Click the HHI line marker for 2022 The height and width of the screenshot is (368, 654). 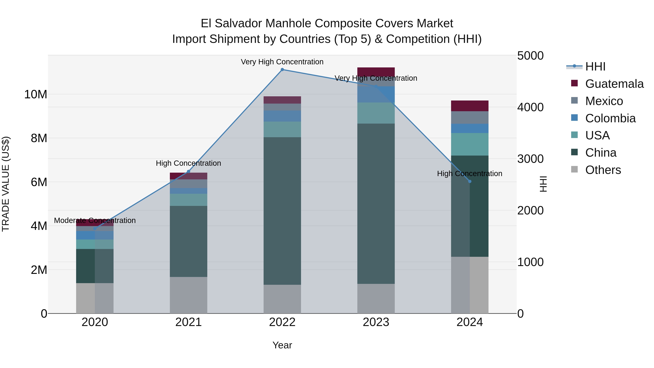coord(282,70)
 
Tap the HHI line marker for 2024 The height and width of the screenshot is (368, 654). coord(470,181)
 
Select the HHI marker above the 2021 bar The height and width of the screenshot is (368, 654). coord(188,171)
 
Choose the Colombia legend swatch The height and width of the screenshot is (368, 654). coord(574,118)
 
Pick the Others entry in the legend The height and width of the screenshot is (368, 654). coord(603,170)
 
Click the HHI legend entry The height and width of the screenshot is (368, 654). coord(595,67)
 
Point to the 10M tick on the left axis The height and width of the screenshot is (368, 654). coord(36,94)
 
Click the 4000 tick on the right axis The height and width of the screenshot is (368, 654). coord(530,107)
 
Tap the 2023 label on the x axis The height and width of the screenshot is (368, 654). coord(376,322)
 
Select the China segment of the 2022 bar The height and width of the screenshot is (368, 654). coord(282,211)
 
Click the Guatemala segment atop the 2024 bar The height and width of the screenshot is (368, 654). coord(470,106)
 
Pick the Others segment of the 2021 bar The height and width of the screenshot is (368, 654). coord(188,295)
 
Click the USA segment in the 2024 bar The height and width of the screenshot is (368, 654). coord(470,144)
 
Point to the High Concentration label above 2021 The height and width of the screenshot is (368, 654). coord(188,163)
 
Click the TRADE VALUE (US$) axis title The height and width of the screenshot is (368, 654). coord(6,184)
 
